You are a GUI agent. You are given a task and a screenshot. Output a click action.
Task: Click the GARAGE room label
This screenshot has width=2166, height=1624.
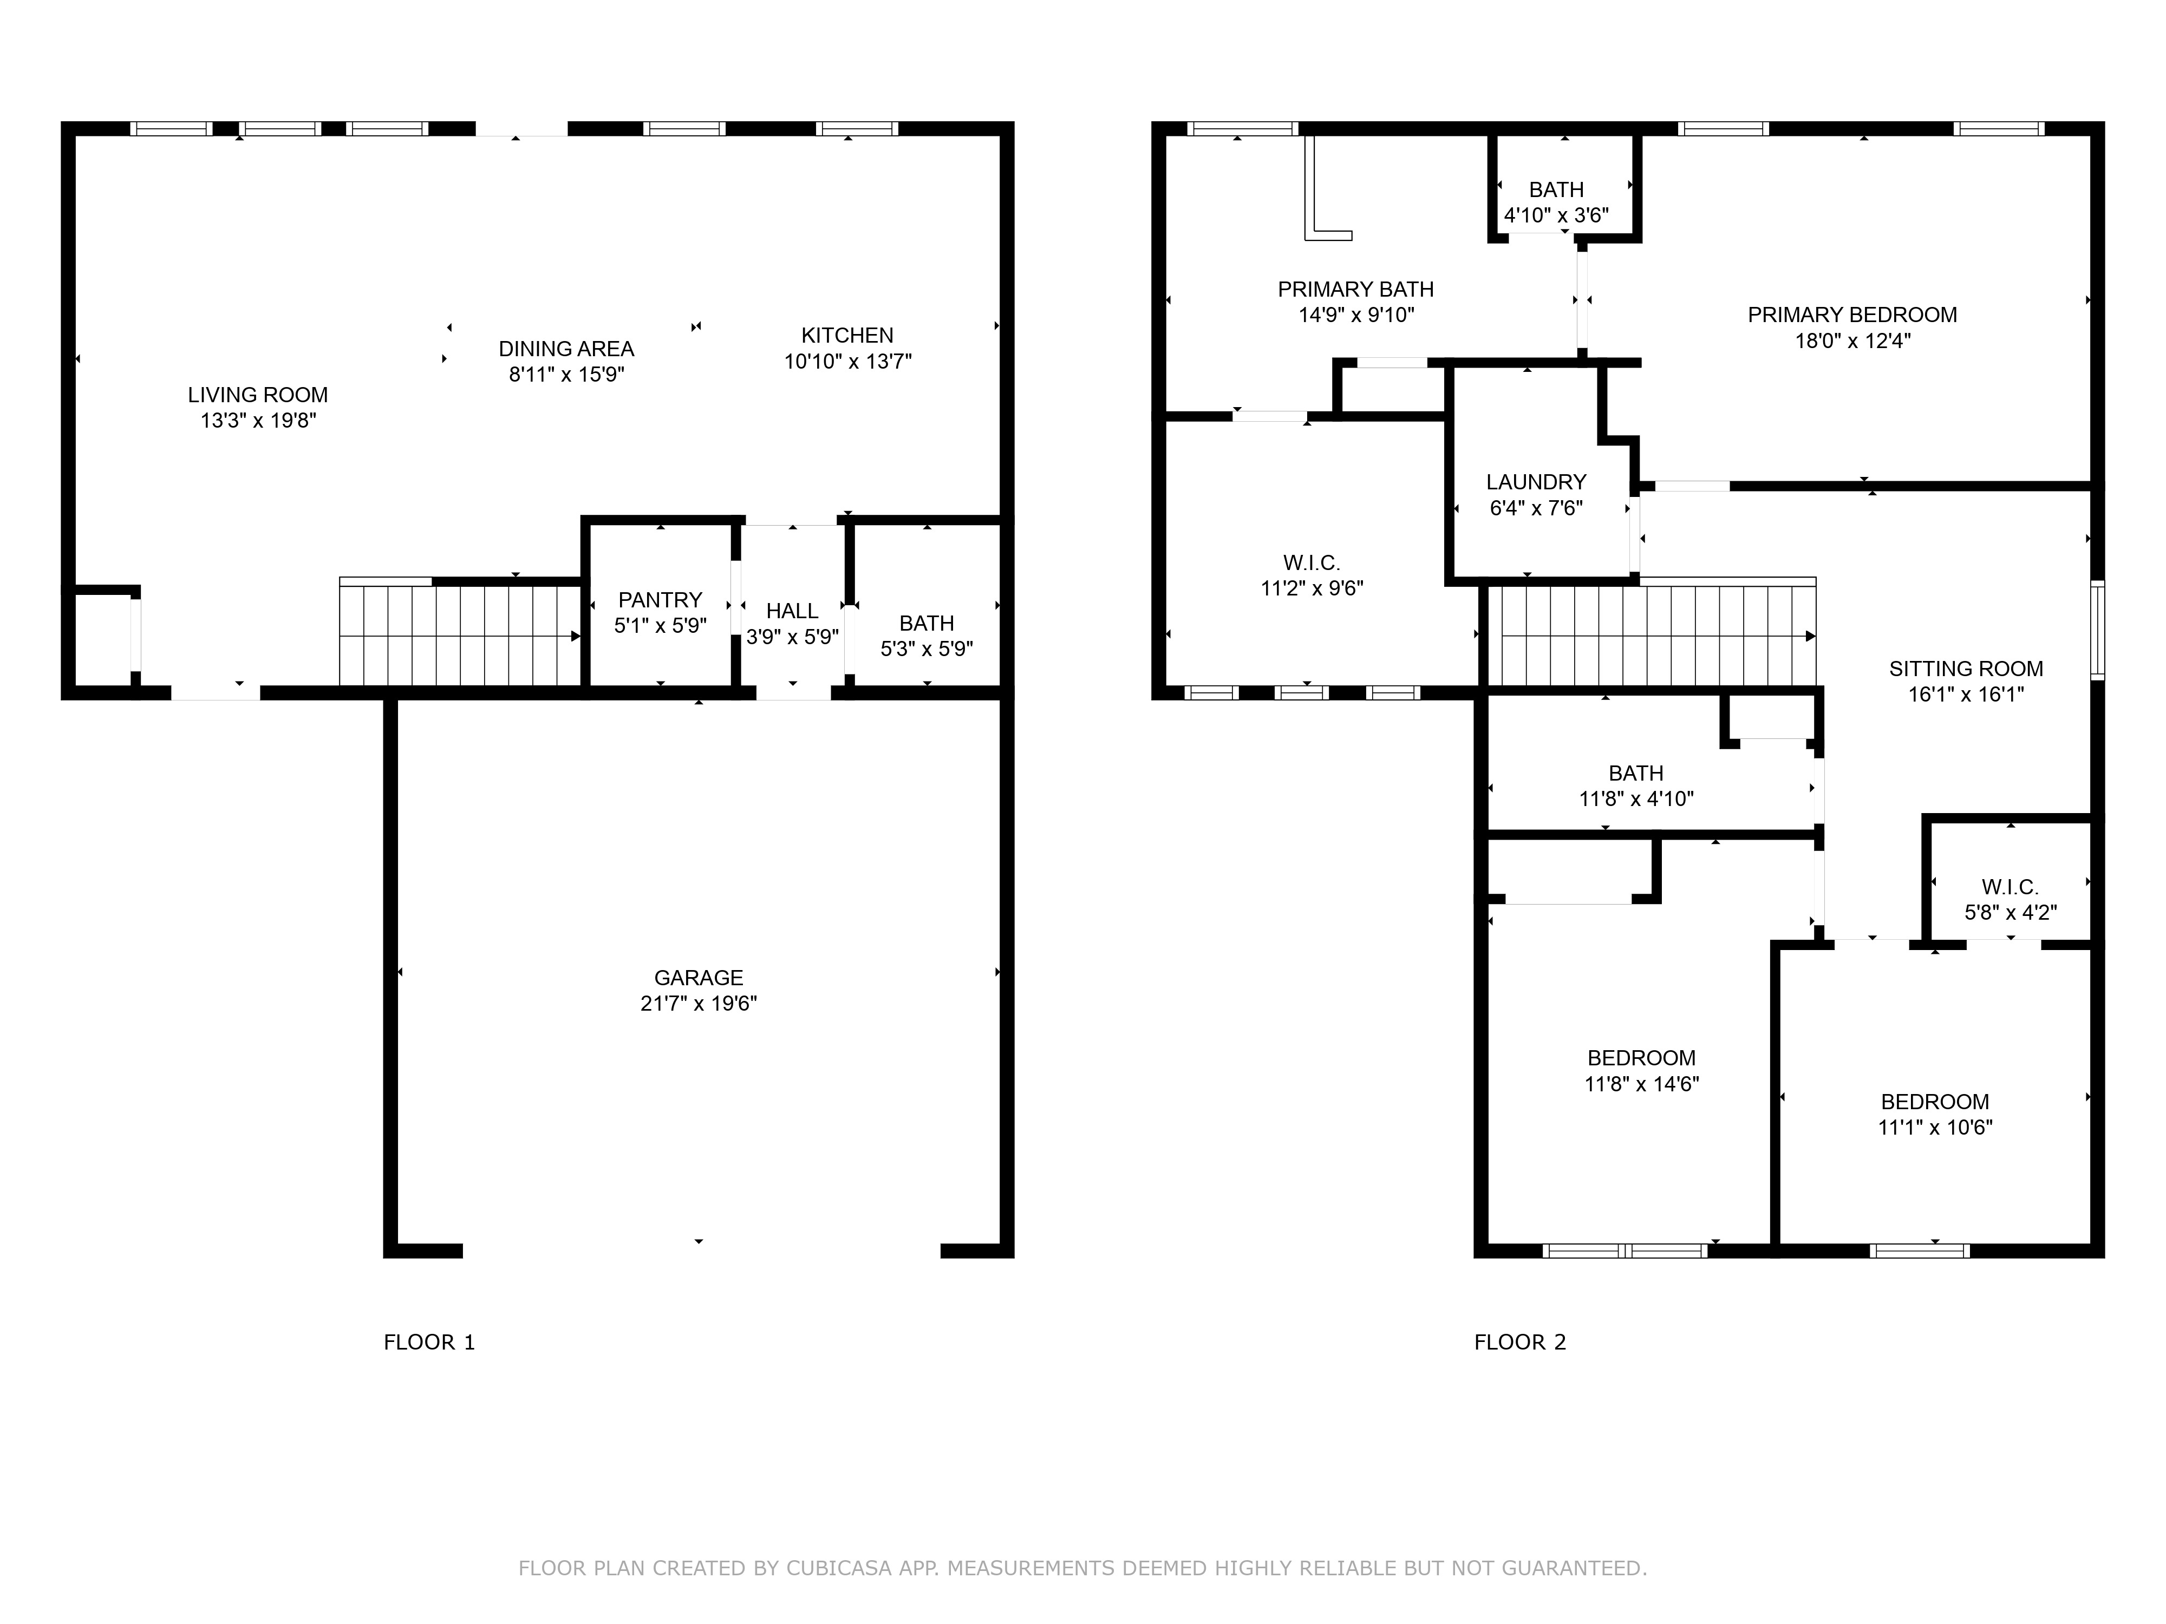698,977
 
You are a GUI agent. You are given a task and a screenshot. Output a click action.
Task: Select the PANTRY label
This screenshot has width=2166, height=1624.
660,599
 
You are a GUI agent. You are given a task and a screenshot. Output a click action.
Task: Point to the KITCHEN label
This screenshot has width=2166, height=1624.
847,335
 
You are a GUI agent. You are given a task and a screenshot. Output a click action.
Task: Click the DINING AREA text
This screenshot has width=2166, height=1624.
566,349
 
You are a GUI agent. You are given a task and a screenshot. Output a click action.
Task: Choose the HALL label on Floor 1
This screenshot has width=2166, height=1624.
792,611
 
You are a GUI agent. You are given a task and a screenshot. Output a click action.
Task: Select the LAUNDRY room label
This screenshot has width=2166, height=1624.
1535,482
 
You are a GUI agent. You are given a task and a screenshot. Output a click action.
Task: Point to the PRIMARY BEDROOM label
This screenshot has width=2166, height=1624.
1852,314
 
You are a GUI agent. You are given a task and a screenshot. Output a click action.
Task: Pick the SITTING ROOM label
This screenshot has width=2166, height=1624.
1965,669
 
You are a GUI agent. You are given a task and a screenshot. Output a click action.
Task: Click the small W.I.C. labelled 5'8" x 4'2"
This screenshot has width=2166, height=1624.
2010,887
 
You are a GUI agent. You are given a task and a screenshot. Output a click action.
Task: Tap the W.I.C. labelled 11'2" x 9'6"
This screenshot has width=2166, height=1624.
1311,563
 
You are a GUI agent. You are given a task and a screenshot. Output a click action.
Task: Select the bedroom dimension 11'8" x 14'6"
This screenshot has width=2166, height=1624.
1641,1084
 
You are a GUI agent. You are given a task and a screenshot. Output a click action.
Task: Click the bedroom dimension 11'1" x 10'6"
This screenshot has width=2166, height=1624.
1934,1127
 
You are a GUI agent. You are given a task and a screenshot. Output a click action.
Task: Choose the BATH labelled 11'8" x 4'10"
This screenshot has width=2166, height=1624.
1635,772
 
